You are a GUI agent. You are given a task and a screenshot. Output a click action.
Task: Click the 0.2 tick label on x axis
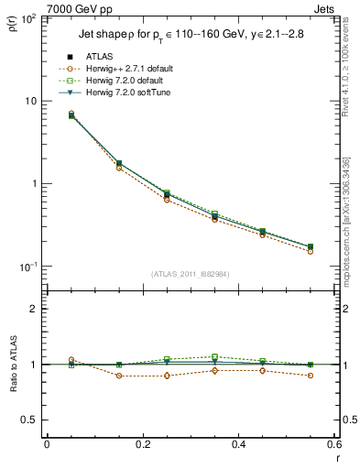[x=142, y=444]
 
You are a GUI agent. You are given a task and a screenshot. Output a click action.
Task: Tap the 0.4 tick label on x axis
[x=238, y=444]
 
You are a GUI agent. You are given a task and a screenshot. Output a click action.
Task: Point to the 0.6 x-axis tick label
[x=333, y=444]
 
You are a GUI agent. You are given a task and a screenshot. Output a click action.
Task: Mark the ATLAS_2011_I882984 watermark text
[x=191, y=274]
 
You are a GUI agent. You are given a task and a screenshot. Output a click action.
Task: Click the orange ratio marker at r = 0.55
[x=310, y=376]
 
